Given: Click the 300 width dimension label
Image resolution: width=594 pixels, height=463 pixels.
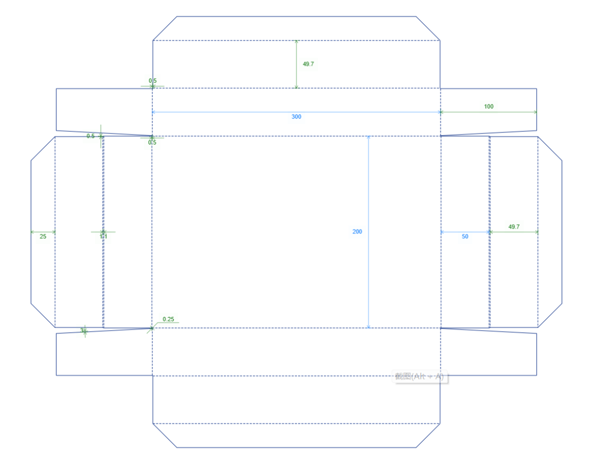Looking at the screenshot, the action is pos(296,116).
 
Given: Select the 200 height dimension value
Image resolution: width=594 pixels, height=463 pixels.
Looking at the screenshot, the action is pos(358,232).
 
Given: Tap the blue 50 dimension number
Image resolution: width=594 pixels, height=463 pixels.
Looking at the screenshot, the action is pos(465,237).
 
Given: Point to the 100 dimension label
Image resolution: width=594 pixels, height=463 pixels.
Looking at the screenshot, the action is pos(489,107).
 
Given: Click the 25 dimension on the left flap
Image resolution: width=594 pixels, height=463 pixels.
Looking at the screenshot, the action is pos(43,237).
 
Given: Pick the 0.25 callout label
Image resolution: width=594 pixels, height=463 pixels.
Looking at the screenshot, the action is pos(168,319).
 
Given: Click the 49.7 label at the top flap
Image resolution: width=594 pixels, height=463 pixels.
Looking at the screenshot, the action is pos(309,64).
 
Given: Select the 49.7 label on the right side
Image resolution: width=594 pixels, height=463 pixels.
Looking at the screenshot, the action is pos(514,227).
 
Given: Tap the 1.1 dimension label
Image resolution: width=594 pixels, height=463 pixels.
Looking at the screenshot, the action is pos(103,237).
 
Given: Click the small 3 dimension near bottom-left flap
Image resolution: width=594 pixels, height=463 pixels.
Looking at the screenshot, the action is pos(82,331).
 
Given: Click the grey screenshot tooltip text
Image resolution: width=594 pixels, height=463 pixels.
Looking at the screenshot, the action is pos(419,377).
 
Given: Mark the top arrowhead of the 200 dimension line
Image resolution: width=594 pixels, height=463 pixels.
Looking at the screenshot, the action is pos(369,138).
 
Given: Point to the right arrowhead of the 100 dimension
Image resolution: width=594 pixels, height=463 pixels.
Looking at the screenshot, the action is pos(535,112).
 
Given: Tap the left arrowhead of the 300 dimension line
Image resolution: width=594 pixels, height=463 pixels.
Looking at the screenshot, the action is pos(155,112).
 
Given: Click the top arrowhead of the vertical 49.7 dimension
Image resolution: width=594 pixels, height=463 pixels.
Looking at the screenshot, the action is pos(296,42).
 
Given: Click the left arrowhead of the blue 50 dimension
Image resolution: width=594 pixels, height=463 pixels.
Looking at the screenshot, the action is pos(443,232).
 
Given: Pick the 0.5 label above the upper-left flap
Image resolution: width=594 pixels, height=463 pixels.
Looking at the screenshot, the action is pos(152,81).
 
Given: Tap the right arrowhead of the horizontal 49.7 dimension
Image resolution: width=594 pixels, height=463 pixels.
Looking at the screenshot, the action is pos(536,232).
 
